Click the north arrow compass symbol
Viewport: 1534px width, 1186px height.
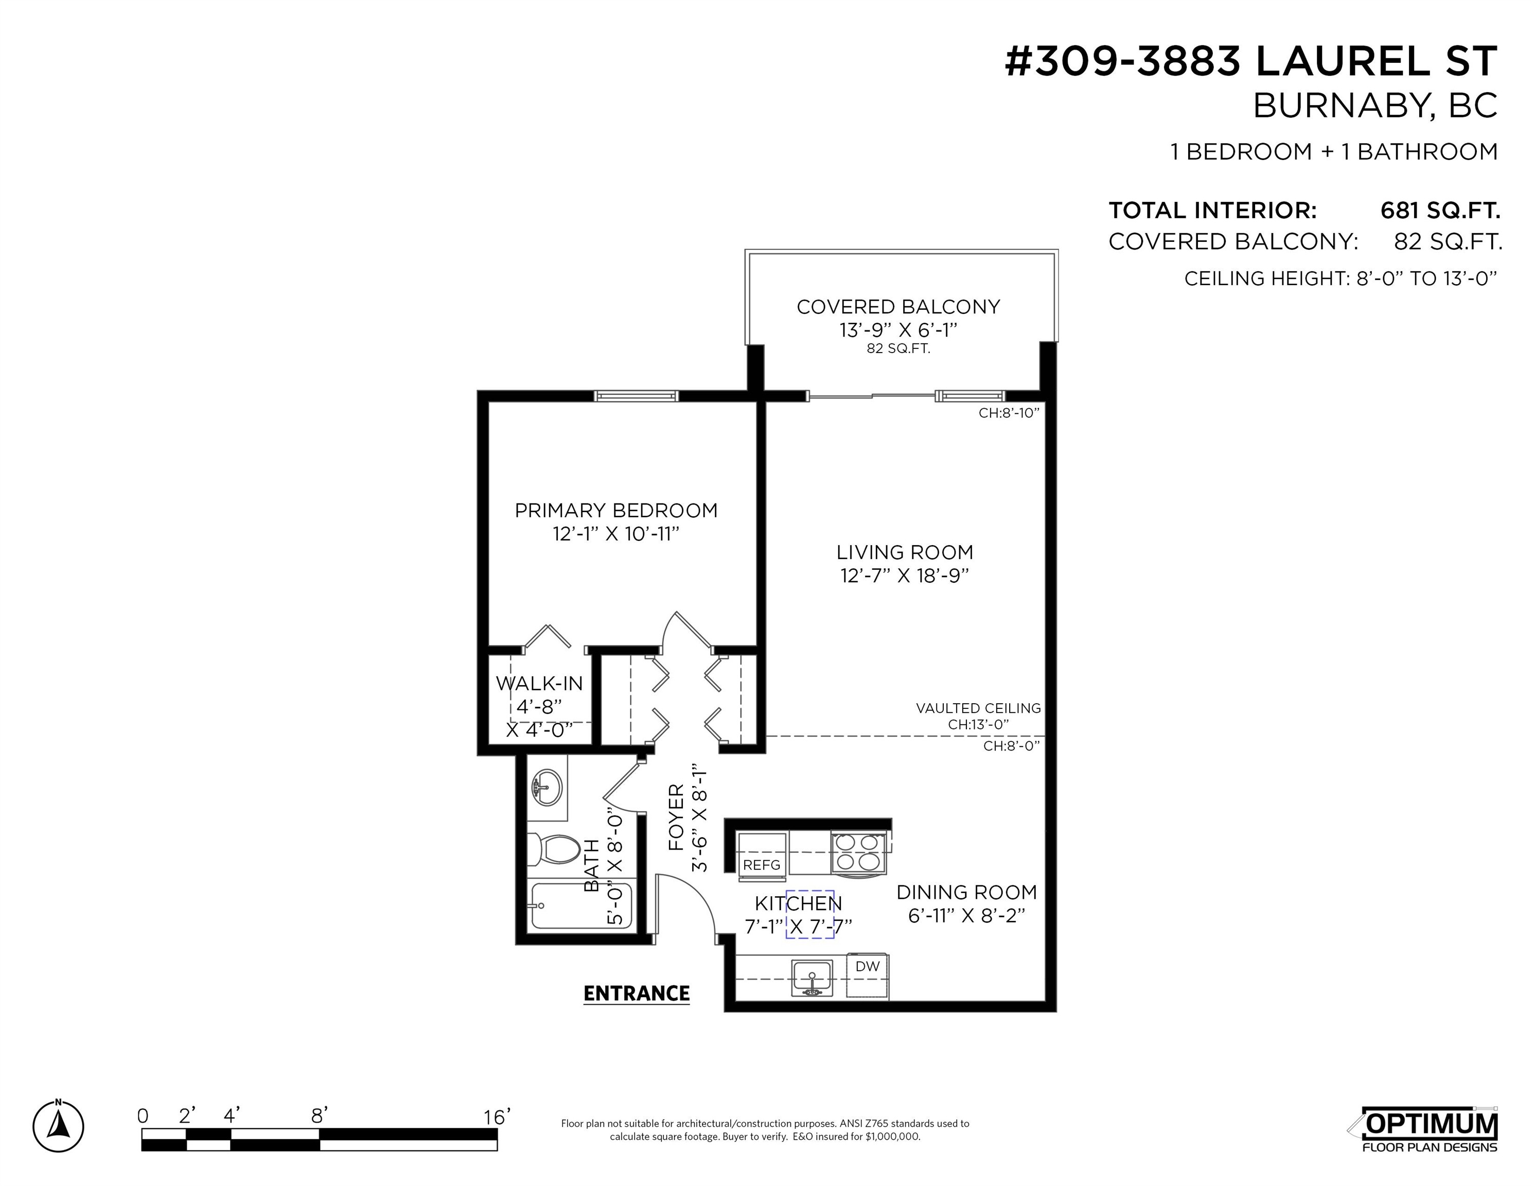coord(58,1126)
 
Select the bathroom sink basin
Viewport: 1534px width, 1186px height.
coord(547,788)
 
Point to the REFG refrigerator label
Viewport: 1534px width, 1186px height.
coord(762,865)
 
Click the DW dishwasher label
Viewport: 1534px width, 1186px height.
coord(868,966)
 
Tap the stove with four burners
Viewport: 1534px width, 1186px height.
coord(858,852)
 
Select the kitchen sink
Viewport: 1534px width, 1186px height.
coord(812,978)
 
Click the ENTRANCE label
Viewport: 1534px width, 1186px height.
coord(637,993)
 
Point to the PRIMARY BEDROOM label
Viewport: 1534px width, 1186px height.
coord(616,510)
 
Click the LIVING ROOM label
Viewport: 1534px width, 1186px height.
coord(905,552)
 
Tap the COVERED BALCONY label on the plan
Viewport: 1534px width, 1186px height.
coord(898,306)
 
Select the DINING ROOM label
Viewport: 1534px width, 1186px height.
coord(966,892)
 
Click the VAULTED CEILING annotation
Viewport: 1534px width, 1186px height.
coord(978,708)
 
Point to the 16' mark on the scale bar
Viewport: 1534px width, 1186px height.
coord(497,1117)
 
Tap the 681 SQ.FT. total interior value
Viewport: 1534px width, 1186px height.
coord(1440,210)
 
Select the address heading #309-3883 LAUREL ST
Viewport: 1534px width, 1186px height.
coord(1251,62)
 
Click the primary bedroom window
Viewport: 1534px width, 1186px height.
coord(637,396)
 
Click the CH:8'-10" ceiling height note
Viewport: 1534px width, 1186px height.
coord(1009,413)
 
